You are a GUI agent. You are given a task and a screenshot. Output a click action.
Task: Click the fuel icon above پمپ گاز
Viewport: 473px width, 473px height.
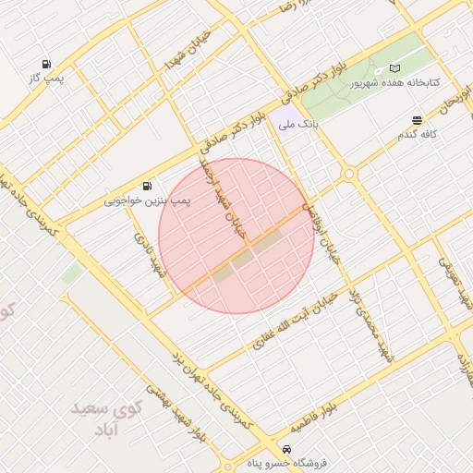tap(46, 64)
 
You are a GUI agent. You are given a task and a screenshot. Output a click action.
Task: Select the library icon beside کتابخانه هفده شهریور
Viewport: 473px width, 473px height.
tap(395, 69)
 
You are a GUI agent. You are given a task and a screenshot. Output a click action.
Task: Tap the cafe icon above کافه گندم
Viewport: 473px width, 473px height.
tap(418, 120)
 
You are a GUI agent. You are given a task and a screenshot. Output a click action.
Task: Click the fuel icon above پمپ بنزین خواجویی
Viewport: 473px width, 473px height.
tap(148, 186)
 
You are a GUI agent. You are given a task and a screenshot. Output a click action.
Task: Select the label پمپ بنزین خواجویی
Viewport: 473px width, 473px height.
tap(147, 200)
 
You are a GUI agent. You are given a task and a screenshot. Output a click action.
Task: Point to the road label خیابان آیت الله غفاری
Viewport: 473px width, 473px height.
tap(290, 319)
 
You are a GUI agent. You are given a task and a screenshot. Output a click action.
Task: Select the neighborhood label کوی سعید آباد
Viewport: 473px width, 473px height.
tap(102, 417)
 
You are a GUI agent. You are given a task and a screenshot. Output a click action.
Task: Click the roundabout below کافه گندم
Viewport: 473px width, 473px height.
tap(349, 174)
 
